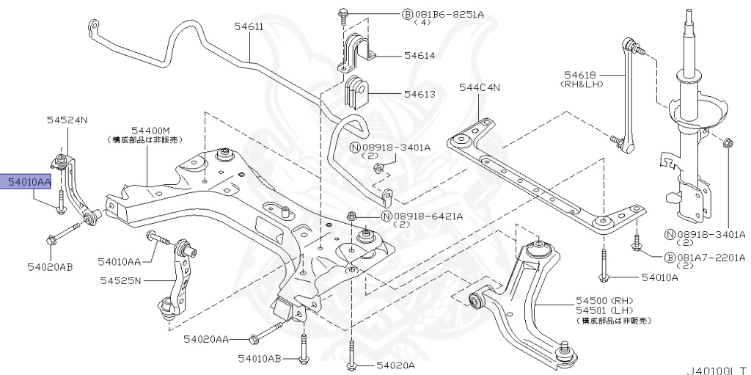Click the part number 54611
coord(249,26)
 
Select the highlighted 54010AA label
coord(29,182)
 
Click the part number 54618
coord(580,74)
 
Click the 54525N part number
coord(122,280)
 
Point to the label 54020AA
coord(207,339)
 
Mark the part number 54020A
coord(395,365)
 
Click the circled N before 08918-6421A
coord(386,216)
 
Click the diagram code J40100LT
coord(717,369)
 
